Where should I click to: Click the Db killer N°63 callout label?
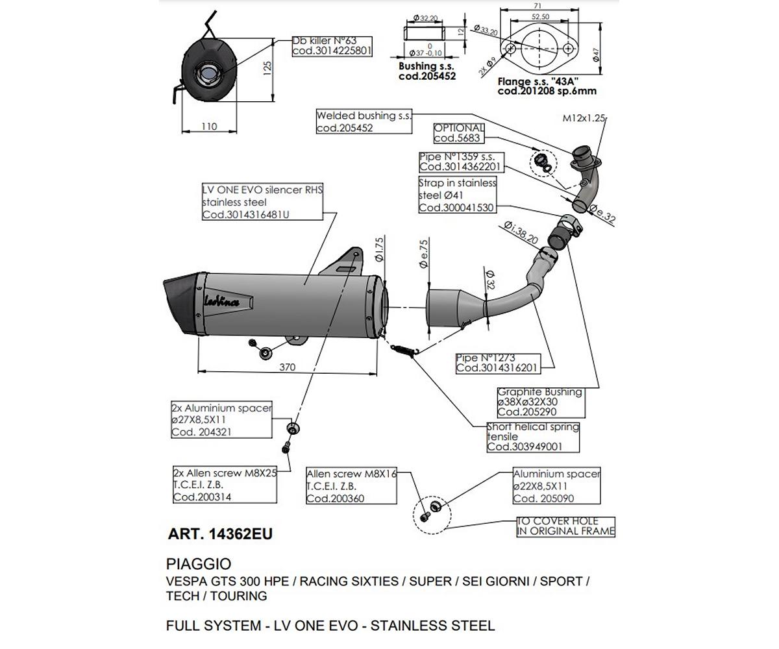(x=332, y=46)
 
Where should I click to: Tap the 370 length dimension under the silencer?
(x=287, y=367)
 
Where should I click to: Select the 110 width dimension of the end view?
(x=209, y=127)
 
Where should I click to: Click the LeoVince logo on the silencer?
(x=221, y=301)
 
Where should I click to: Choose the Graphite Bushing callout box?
(x=540, y=402)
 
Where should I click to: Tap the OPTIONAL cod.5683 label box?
(x=459, y=134)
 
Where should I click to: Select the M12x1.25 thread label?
(x=583, y=118)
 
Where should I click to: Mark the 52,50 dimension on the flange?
(x=540, y=17)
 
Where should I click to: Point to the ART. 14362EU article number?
(x=220, y=534)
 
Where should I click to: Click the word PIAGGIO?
(x=199, y=564)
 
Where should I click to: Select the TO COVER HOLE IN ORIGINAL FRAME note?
(x=565, y=526)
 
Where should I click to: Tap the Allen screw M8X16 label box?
(x=351, y=486)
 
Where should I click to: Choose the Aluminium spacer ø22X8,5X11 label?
(x=556, y=486)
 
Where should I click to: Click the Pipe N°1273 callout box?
(x=497, y=363)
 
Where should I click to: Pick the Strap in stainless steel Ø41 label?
(x=457, y=195)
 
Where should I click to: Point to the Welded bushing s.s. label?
(x=364, y=122)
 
